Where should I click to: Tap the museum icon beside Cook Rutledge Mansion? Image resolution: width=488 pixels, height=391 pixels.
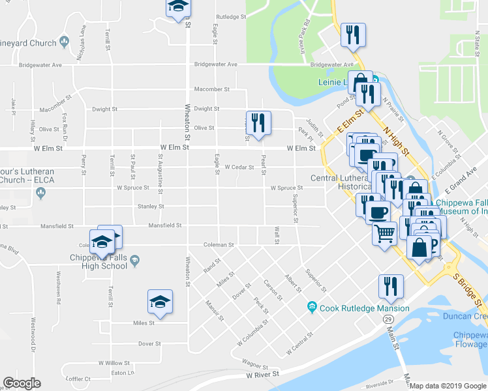pos(312,308)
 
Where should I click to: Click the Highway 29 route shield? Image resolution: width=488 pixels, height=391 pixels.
pos(389,319)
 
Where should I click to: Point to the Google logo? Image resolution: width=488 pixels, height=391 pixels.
pos(22,383)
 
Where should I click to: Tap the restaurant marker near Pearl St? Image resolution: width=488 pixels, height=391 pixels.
pos(259,123)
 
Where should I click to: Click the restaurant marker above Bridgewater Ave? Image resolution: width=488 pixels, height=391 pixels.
pos(353,35)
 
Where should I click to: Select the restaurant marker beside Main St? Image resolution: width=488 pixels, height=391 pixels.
pos(391,287)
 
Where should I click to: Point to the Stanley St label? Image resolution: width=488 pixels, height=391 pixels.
pos(151,207)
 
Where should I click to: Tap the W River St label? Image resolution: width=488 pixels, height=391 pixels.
pos(262,375)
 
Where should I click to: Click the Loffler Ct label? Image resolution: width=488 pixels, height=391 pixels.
pos(78,379)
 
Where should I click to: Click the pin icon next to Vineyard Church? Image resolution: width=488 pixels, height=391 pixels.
pos(64,42)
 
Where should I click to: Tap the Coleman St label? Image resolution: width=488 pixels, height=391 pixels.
pos(218,245)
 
